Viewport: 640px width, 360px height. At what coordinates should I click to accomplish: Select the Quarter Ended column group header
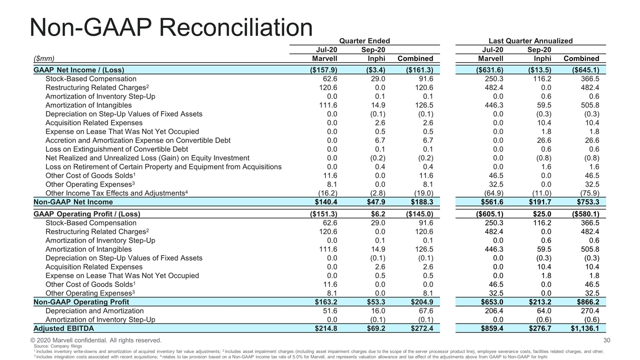364,41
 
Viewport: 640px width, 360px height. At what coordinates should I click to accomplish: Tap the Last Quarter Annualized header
530,41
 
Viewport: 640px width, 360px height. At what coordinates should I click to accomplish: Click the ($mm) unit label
44,58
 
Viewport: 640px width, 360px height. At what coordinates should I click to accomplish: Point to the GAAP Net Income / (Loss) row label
79,70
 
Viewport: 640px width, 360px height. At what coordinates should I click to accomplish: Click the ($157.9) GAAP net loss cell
323,70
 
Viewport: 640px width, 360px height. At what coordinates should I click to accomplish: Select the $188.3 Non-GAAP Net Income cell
421,202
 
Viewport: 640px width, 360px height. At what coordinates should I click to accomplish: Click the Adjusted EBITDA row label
63,328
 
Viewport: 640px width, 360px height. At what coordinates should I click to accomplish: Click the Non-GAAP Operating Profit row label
81,302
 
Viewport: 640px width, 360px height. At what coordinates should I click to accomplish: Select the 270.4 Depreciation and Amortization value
589,311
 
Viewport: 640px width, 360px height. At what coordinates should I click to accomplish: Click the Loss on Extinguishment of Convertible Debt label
116,149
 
